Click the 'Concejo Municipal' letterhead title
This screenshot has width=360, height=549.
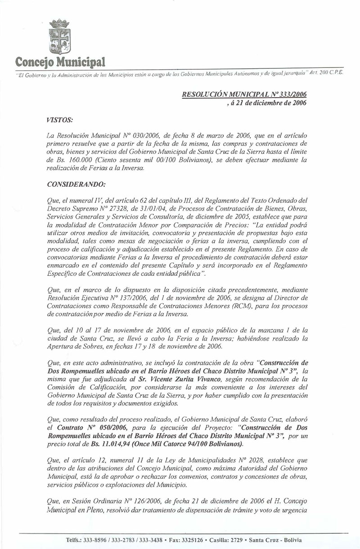point(60,61)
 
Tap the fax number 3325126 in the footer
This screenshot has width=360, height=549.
point(193,540)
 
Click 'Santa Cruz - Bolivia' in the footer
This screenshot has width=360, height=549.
point(275,540)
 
